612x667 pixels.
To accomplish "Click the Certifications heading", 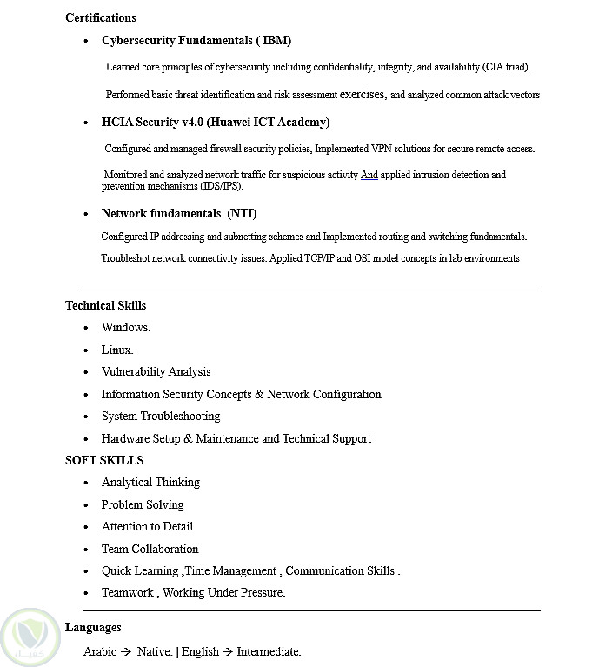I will (x=100, y=17).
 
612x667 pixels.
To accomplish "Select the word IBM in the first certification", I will (x=276, y=41).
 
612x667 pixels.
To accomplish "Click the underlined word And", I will (x=369, y=175).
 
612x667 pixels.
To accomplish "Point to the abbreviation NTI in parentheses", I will (x=243, y=214).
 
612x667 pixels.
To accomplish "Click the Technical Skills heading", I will (x=105, y=306).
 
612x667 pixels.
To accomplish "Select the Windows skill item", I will (x=126, y=328).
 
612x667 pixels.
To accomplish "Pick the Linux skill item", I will (x=117, y=350).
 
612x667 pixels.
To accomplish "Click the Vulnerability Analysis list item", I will (x=156, y=372).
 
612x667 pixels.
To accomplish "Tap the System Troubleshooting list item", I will (x=161, y=417).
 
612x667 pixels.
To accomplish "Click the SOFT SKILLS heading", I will (x=104, y=461).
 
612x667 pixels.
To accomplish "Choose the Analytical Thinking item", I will (x=150, y=483).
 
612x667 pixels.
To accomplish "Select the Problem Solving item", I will (x=143, y=505).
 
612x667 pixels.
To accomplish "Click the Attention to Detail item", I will (x=147, y=527).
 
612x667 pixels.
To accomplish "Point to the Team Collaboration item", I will (x=150, y=550).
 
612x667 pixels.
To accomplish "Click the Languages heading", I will (x=93, y=628).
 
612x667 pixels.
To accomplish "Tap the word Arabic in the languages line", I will (x=100, y=651).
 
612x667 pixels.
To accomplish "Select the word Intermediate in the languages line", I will (x=268, y=651).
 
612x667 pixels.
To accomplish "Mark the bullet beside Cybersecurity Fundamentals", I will (x=86, y=42).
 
